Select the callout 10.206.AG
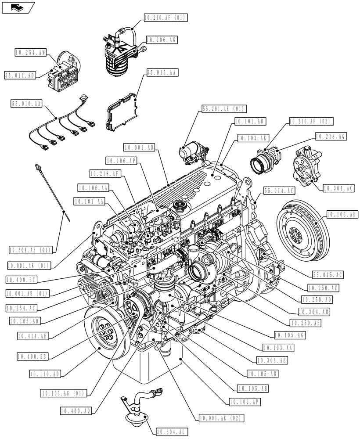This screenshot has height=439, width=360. tap(161, 40)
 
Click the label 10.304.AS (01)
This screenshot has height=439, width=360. tap(31, 250)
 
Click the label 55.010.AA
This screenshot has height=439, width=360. tap(26, 104)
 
